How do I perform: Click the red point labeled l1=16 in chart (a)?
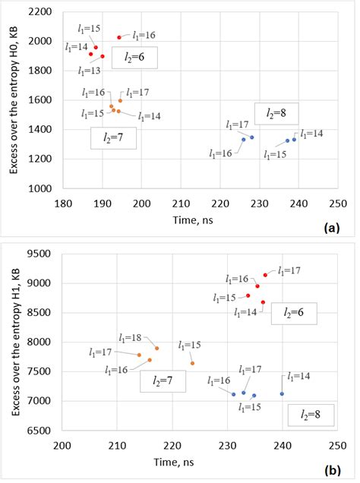coord(119,37)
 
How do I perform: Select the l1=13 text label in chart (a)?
coord(89,71)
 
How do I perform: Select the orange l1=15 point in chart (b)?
coord(193,363)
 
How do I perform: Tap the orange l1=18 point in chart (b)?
coord(156,348)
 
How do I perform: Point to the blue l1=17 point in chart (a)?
coord(251,137)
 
